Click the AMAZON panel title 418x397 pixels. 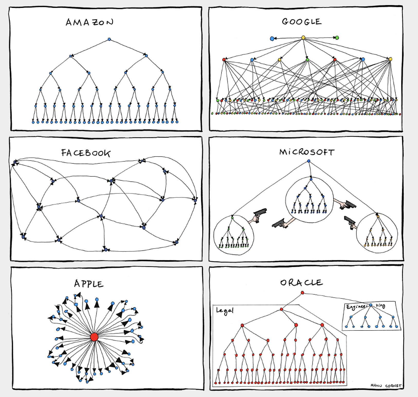point(89,22)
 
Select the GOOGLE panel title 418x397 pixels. point(302,22)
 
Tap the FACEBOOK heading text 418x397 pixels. point(86,153)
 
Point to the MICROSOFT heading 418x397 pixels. point(307,152)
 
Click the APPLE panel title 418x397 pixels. point(89,283)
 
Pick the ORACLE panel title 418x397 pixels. point(301,282)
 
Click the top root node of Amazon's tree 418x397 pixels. point(109,39)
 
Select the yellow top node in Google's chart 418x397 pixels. point(303,38)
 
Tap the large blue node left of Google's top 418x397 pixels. point(272,39)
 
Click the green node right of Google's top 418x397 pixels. point(337,38)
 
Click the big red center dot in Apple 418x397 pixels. point(94,337)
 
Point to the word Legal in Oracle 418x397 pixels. point(225,311)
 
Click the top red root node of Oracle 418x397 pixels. point(302,293)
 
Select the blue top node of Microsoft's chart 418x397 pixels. point(308,161)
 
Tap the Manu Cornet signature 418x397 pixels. point(386,385)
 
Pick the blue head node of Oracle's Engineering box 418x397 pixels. point(371,305)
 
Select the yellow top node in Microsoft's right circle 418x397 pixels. point(378,216)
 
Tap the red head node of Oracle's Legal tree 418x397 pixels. point(281,309)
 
